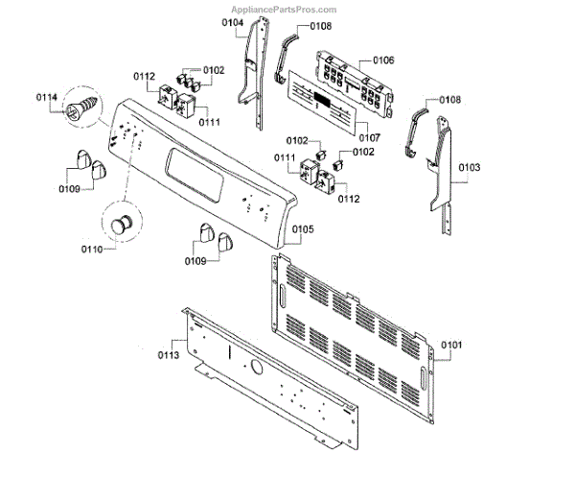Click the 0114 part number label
(x=47, y=98)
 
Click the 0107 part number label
(x=367, y=138)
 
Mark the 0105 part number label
(x=302, y=229)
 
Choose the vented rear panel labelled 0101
(x=355, y=336)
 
